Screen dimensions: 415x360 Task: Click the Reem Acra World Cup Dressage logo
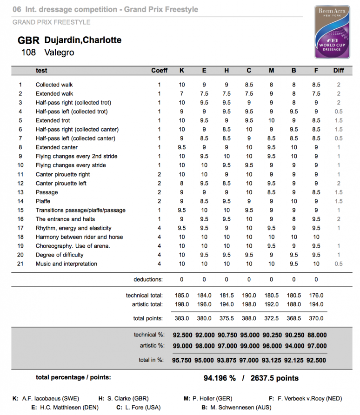tap(332, 33)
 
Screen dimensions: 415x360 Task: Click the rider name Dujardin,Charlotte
tap(83, 40)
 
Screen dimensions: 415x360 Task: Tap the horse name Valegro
tap(59, 53)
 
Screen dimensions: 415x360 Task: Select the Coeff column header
tap(159, 71)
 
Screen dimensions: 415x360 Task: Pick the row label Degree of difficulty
tap(60, 255)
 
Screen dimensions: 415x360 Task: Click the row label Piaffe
tap(43, 201)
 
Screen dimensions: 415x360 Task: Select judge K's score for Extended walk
tap(181, 94)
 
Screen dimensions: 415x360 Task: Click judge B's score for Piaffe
tap(293, 201)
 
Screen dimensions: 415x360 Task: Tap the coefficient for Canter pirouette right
tap(159, 174)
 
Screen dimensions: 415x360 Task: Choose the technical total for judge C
tap(249, 295)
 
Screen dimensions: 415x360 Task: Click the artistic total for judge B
tap(293, 304)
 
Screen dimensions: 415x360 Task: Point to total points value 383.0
tap(181, 318)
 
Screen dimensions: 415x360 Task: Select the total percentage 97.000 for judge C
tap(249, 360)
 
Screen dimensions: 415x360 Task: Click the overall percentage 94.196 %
tap(220, 378)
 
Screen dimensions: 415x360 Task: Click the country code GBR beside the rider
tap(28, 40)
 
